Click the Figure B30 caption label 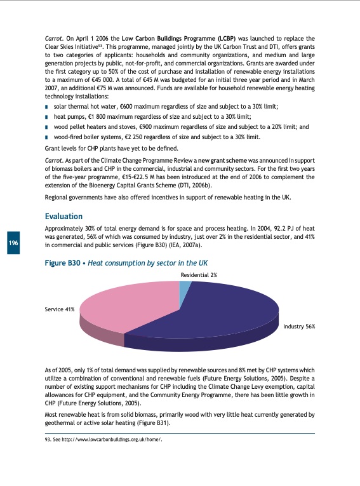[x=68, y=262]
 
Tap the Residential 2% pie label [x=199, y=274]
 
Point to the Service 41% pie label [x=60, y=309]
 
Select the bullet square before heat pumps [x=47, y=118]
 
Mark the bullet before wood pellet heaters [x=47, y=127]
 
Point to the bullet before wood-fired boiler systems [x=47, y=137]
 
